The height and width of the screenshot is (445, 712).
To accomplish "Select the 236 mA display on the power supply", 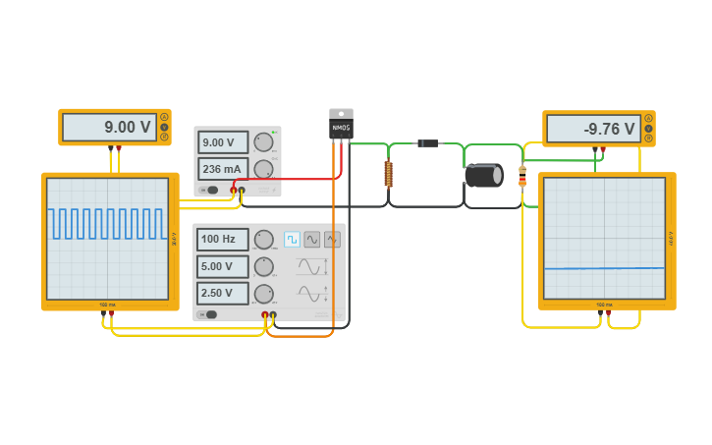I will pos(223,168).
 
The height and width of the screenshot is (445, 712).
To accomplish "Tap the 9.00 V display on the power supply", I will pos(223,142).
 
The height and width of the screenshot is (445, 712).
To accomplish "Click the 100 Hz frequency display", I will pos(222,239).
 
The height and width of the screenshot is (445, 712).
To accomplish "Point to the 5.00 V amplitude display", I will pos(222,266).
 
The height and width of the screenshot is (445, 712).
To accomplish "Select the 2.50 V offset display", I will pos(222,293).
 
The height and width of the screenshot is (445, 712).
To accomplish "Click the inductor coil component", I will pos(388,175).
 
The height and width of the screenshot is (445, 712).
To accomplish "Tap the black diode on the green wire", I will pos(427,143).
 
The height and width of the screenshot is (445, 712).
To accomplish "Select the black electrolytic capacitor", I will pos(483,175).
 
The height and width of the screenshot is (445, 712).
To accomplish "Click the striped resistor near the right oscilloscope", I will pos(521,176).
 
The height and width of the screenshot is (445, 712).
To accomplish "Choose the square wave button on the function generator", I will pos(292,239).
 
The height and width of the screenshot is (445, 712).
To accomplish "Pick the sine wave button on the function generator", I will pos(312,239).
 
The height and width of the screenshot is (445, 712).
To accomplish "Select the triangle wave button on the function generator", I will pos(332,239).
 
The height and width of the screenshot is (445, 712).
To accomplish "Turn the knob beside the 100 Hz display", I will pos(264,239).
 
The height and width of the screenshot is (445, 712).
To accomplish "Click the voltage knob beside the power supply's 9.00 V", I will pos(262,142).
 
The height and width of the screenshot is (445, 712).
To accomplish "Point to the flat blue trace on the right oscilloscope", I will pos(603,268).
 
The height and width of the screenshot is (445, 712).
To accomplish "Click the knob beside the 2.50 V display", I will pos(264,293).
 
